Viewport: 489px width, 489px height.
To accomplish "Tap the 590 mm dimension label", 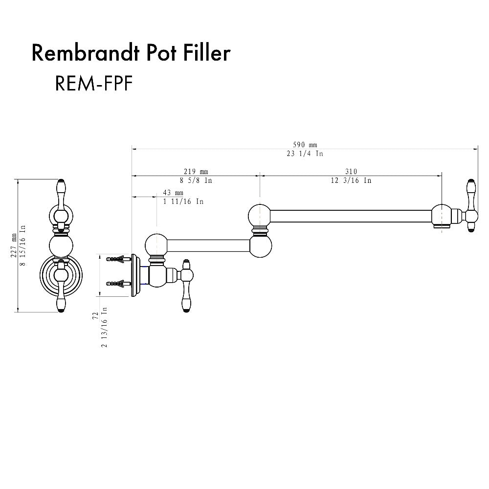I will click(305, 145).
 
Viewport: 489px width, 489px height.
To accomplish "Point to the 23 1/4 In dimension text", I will click(305, 154).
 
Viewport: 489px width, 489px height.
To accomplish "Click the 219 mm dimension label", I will click(196, 171).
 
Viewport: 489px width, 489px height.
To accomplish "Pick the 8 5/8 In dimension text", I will click(196, 180).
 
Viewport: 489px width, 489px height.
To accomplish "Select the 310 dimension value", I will click(351, 171).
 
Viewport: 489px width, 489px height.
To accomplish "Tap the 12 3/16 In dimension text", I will click(351, 180).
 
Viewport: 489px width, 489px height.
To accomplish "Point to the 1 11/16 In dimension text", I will click(183, 201).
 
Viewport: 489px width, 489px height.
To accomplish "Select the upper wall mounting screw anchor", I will click(118, 259).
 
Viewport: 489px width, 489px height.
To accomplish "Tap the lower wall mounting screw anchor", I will click(118, 283).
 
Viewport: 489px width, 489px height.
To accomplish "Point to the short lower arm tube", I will click(209, 244).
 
